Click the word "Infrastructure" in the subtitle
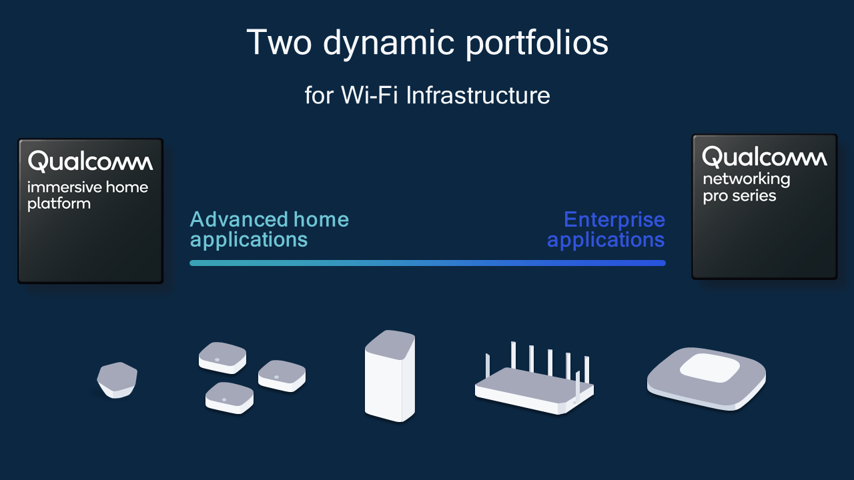coord(478,95)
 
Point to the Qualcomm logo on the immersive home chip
coord(90,161)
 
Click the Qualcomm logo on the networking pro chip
coord(764,157)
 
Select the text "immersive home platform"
coord(87,195)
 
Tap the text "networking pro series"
coord(746,187)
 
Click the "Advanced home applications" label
coord(269,229)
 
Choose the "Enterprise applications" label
coord(606,229)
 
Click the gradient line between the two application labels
coord(427,263)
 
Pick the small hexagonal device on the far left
coord(117,380)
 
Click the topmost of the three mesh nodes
coord(222,357)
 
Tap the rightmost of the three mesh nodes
coord(282,375)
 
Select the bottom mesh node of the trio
coord(229,397)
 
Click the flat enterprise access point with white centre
coord(706,380)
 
